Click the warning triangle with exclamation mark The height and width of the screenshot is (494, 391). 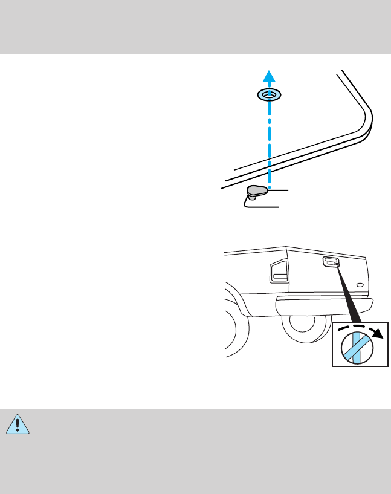pyautogui.click(x=18, y=426)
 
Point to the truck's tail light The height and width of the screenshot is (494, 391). pyautogui.click(x=279, y=271)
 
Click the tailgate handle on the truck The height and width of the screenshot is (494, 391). pyautogui.click(x=331, y=262)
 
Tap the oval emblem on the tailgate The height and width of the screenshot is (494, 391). pyautogui.click(x=360, y=284)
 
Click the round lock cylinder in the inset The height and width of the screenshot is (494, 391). pyautogui.click(x=356, y=348)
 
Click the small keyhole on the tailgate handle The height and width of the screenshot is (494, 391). pyautogui.click(x=336, y=264)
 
